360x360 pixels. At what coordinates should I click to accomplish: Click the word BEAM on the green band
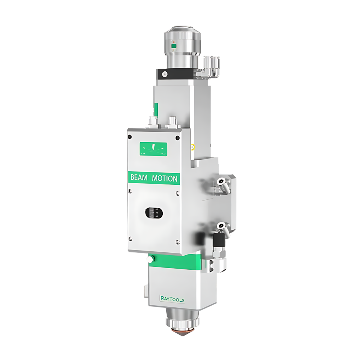coord(139,178)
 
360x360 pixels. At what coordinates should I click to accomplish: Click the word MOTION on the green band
coord(165,179)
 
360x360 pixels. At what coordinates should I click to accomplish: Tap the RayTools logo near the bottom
coord(172,299)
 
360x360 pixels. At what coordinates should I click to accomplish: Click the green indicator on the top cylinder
coord(174,46)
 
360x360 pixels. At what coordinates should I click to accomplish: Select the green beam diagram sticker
coord(153,149)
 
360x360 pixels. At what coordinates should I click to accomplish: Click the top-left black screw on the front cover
coord(130,137)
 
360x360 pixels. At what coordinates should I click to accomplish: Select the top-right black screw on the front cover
coord(177,138)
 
